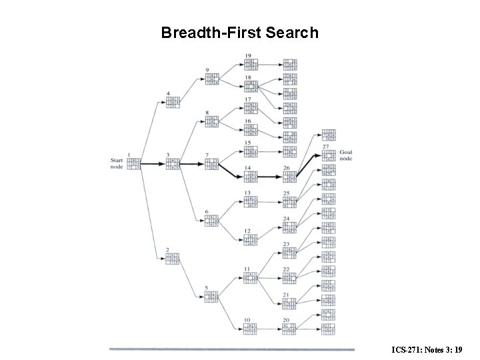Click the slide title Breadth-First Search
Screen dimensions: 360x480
pyautogui.click(x=240, y=32)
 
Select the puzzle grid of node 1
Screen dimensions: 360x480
pyautogui.click(x=134, y=164)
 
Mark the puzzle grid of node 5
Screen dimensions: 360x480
pyautogui.click(x=211, y=296)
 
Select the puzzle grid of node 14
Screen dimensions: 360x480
pyautogui.click(x=251, y=177)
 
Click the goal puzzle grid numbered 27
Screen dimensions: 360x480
pyautogui.click(x=329, y=155)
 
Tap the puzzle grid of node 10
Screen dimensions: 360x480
pyautogui.click(x=251, y=328)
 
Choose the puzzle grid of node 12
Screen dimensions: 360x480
pyautogui.click(x=251, y=240)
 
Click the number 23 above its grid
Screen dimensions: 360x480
pyautogui.click(x=286, y=244)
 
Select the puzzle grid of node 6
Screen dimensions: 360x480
pyautogui.click(x=211, y=221)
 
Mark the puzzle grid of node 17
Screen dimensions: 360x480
pyautogui.click(x=251, y=108)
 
